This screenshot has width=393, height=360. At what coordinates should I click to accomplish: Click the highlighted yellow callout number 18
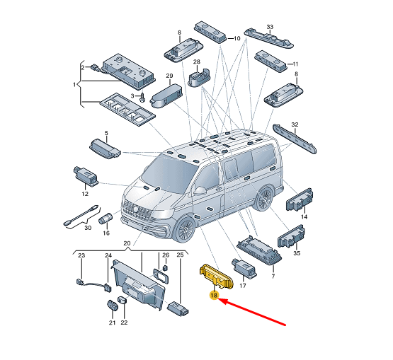point(214,296)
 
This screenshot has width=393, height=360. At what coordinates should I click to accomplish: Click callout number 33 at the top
point(270,27)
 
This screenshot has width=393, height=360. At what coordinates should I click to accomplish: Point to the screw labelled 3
point(142,97)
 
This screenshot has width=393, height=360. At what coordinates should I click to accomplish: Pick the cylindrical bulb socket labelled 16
point(106,219)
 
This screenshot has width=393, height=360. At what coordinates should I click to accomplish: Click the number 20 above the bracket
point(127,243)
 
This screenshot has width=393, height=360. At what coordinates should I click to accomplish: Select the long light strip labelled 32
point(295,139)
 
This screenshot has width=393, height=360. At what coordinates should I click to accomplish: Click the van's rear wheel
point(264,199)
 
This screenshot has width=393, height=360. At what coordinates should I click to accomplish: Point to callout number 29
point(169,76)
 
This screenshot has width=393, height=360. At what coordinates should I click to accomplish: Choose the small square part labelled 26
point(165,268)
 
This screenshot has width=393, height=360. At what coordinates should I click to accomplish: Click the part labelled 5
point(105,149)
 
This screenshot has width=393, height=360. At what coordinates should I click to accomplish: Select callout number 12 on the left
point(85,194)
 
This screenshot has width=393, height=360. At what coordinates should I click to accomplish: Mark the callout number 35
point(297,253)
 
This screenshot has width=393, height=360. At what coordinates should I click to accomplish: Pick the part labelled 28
point(199,77)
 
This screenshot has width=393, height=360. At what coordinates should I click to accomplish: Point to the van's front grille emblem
point(135,209)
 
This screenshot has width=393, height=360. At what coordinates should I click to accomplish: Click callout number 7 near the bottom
point(273,276)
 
